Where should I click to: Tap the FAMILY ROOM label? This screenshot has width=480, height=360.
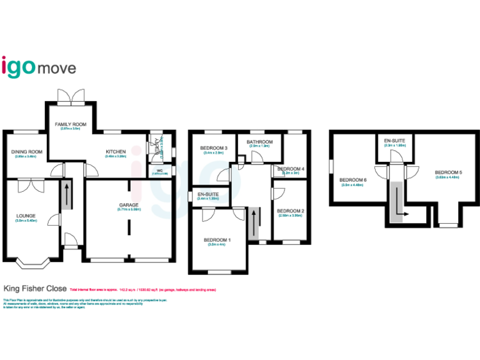click(x=70, y=125)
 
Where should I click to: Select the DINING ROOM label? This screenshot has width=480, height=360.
click(x=26, y=152)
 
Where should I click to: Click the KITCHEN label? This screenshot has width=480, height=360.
click(x=116, y=152)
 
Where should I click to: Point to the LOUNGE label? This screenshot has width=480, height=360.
click(x=26, y=216)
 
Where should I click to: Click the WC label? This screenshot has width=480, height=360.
click(x=159, y=170)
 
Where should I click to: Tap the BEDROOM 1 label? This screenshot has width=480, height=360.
click(x=217, y=241)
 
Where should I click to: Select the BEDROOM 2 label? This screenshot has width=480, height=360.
click(x=290, y=211)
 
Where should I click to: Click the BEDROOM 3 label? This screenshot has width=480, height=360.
click(x=212, y=148)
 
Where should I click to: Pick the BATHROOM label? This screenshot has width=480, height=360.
click(x=259, y=142)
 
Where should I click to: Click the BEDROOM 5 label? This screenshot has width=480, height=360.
click(x=447, y=172)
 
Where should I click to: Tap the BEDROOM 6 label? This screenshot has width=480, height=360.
click(x=354, y=181)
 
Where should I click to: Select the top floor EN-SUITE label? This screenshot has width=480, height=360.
click(x=395, y=141)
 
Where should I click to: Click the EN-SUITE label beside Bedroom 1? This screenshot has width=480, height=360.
click(x=209, y=195)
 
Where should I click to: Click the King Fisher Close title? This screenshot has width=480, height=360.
click(x=35, y=289)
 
